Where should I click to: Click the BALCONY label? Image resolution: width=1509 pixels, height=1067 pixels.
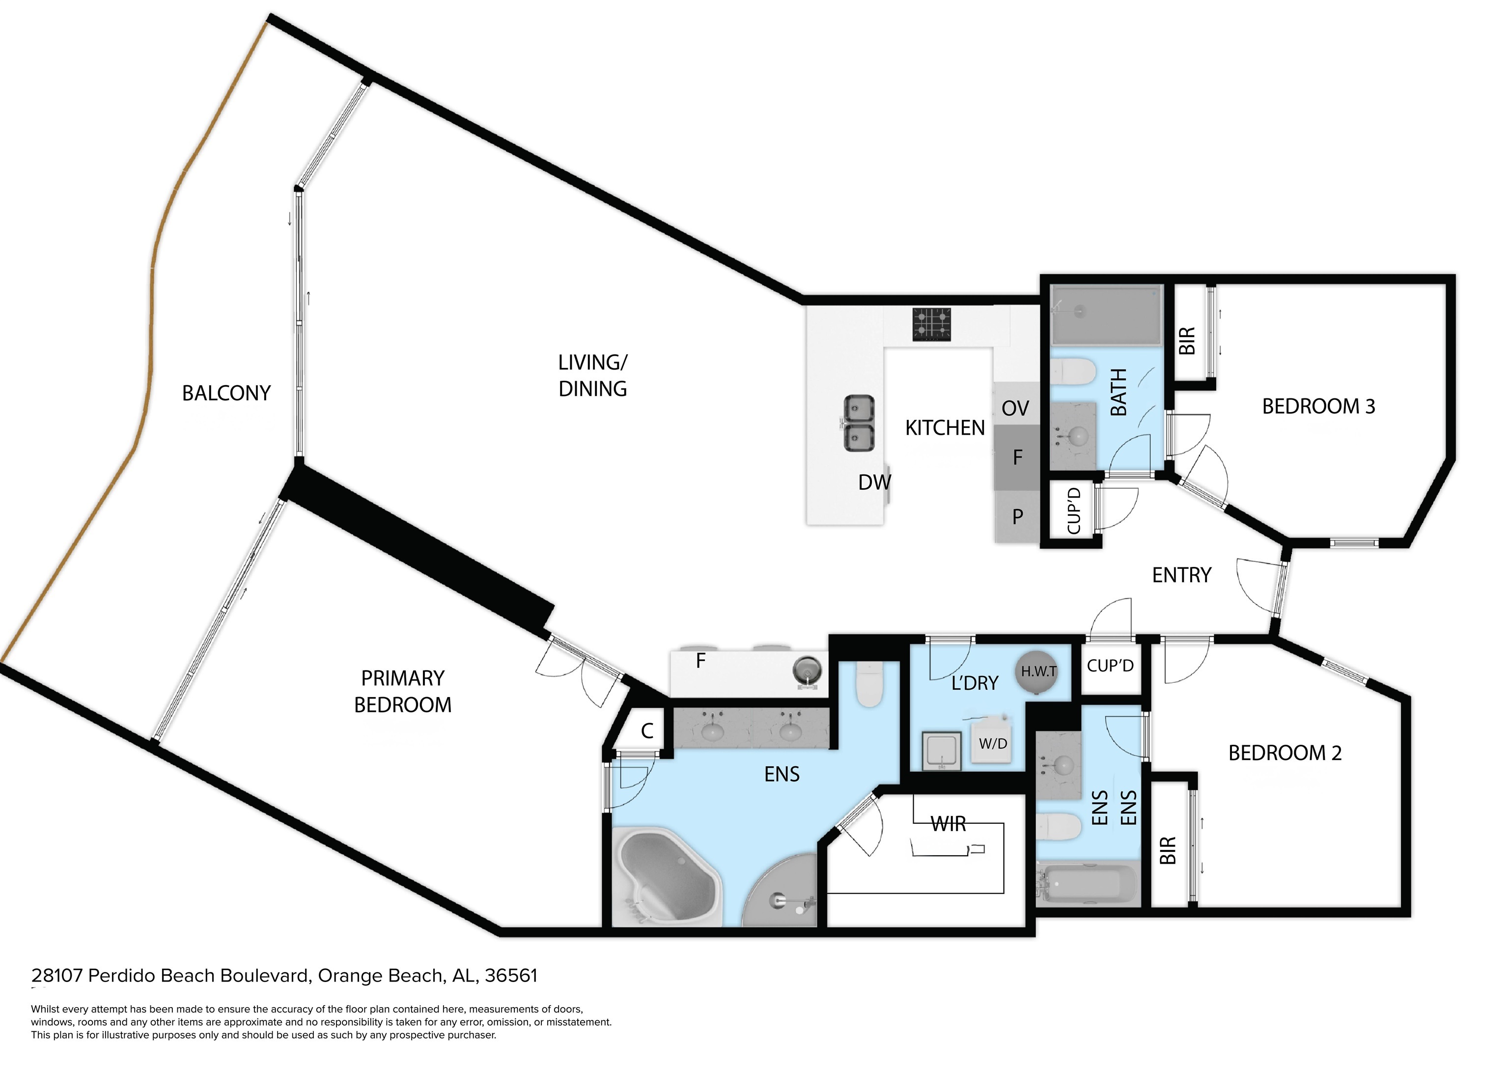click(226, 393)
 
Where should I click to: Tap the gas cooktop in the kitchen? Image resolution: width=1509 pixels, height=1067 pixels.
click(931, 324)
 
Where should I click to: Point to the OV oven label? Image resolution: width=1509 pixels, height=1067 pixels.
click(1015, 408)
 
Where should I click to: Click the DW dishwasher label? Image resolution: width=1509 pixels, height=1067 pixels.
click(875, 482)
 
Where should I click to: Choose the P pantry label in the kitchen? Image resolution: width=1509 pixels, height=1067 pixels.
click(1017, 517)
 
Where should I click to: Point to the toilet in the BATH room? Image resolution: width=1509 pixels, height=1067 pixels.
click(1073, 371)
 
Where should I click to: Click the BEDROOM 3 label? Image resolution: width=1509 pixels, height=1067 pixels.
click(1318, 406)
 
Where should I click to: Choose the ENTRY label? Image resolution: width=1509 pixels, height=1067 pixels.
click(1182, 575)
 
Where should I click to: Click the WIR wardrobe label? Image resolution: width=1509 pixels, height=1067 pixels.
click(949, 824)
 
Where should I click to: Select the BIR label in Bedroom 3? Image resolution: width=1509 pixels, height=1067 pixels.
click(1187, 341)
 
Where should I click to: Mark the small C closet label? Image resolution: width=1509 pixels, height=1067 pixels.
click(647, 731)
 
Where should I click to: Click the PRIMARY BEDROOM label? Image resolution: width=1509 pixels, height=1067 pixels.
click(403, 692)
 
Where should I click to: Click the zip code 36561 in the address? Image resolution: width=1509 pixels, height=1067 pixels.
click(511, 976)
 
